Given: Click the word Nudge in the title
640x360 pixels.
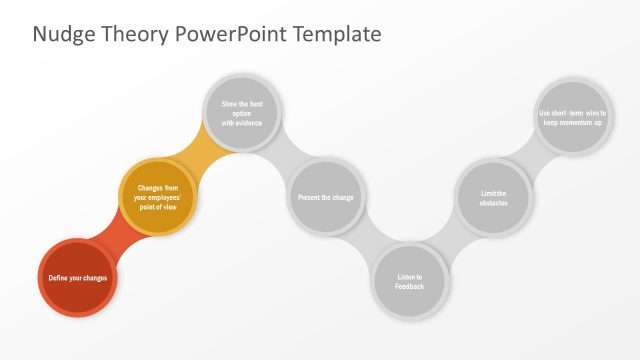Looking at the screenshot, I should point(61,34).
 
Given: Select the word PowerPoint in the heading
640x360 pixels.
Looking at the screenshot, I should point(231,34).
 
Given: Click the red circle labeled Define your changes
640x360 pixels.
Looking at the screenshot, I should point(78,277).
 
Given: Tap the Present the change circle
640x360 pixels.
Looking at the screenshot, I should point(325,197).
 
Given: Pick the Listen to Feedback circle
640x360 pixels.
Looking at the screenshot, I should point(409,282).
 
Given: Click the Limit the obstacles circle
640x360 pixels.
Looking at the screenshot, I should point(493,198).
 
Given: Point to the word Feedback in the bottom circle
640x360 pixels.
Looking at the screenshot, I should point(409,288).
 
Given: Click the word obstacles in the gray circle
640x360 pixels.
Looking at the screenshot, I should point(493,204).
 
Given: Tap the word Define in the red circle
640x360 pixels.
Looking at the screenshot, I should point(58,277).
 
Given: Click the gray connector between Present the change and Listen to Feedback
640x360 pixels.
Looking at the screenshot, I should point(368,240).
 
